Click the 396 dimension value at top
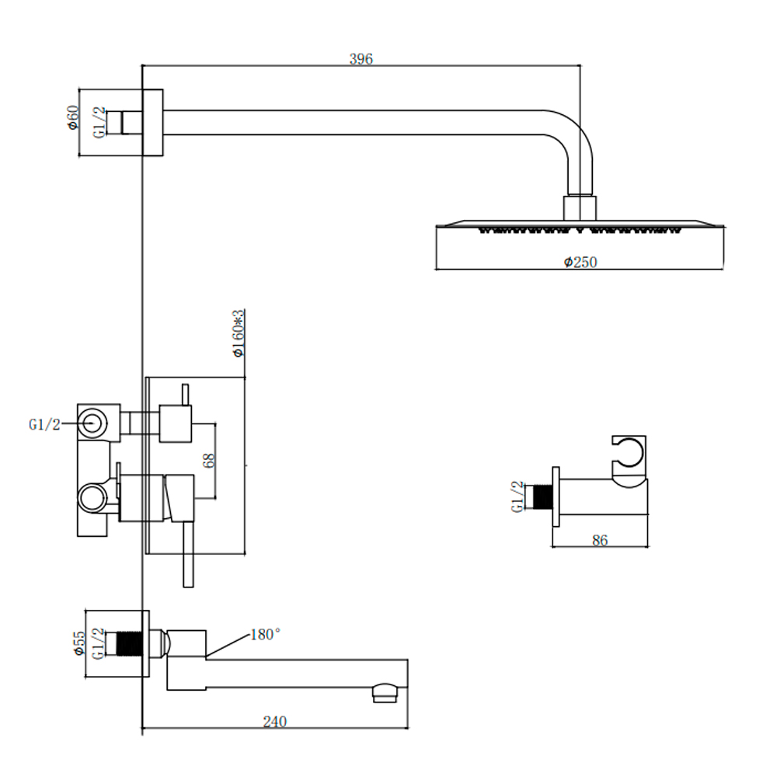(361, 59)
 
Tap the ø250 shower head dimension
(580, 263)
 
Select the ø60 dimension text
(72, 117)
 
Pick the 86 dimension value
(599, 541)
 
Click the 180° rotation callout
(265, 635)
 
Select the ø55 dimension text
(78, 643)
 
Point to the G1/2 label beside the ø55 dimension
(98, 643)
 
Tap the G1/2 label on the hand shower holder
(517, 497)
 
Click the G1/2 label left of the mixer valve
(44, 424)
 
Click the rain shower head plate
(580, 227)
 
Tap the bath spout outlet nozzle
(385, 690)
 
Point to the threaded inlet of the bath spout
(127, 643)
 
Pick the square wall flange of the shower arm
(152, 122)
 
